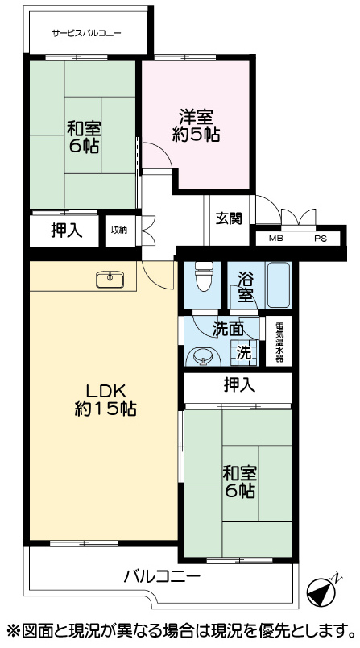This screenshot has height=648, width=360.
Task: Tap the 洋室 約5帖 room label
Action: click(x=196, y=126)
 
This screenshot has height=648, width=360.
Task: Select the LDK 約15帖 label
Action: click(x=106, y=400)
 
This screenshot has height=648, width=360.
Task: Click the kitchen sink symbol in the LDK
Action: click(x=110, y=280)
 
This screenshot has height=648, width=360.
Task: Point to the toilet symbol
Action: click(x=204, y=276)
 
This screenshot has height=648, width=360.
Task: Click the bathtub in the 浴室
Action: click(x=279, y=285)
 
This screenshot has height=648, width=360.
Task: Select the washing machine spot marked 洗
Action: click(x=244, y=353)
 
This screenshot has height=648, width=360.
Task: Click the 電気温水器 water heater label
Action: click(x=279, y=341)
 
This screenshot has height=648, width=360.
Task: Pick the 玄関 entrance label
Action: click(x=228, y=218)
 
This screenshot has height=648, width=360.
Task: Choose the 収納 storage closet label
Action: click(x=119, y=231)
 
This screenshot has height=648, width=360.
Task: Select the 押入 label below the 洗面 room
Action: click(x=240, y=385)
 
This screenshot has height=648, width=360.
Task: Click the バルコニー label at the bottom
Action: click(x=163, y=575)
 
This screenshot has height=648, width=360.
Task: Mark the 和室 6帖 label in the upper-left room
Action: click(x=84, y=138)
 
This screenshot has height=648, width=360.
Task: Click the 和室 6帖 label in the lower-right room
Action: click(x=239, y=482)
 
